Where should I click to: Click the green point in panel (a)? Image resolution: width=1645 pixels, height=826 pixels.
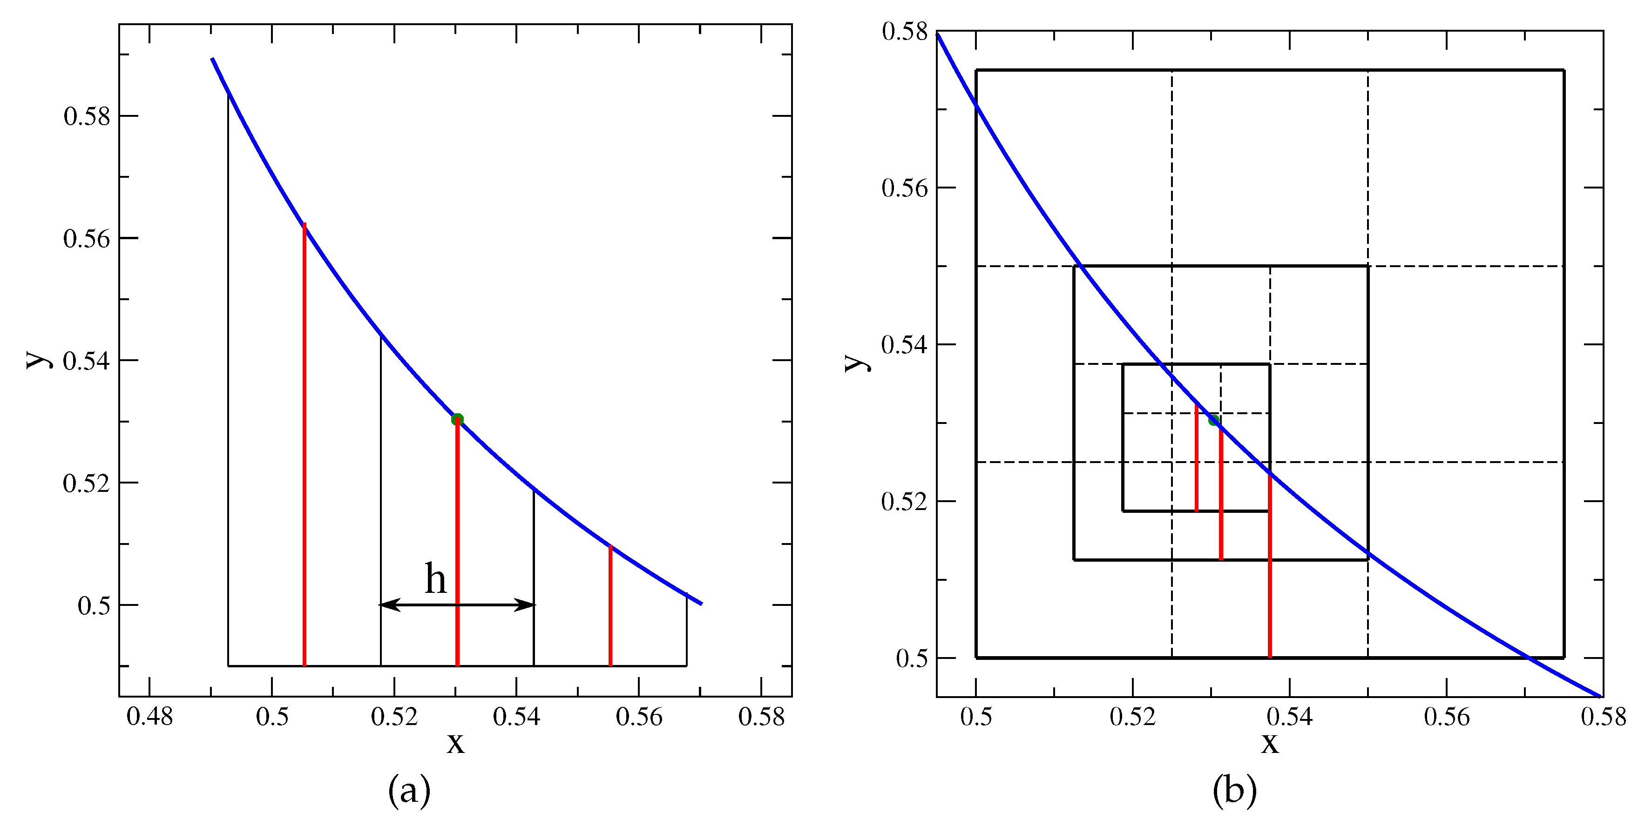click(x=457, y=419)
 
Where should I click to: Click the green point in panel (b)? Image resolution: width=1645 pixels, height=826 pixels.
click(x=1214, y=420)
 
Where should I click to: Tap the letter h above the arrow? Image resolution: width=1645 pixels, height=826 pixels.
click(x=435, y=579)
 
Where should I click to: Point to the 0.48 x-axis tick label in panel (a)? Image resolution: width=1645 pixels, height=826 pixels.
click(x=149, y=717)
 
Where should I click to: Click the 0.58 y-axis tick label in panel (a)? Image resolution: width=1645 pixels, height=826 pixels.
click(x=87, y=116)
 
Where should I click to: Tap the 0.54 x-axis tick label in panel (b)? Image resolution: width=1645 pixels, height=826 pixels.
click(x=1289, y=717)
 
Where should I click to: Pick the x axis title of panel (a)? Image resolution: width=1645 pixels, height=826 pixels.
click(x=455, y=742)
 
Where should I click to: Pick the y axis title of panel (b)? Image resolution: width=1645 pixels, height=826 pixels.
click(x=856, y=362)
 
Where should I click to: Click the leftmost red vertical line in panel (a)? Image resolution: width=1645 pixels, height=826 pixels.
click(x=305, y=447)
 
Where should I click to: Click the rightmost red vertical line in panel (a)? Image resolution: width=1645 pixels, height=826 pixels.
click(x=610, y=606)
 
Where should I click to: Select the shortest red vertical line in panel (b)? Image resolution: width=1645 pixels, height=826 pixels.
click(x=1197, y=460)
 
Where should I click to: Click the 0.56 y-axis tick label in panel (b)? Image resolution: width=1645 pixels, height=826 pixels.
click(x=904, y=188)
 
